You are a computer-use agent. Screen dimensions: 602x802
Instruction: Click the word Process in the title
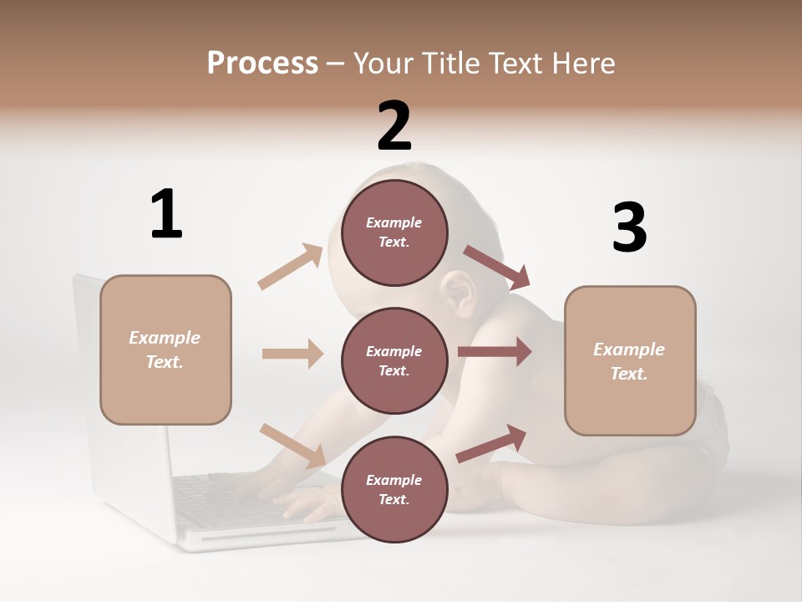(262, 64)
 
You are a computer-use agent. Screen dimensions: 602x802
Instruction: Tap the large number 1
(166, 214)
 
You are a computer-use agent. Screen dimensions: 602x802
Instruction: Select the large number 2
(394, 125)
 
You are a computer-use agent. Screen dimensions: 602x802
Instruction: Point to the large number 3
(629, 227)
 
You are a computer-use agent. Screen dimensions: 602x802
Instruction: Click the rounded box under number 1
(165, 349)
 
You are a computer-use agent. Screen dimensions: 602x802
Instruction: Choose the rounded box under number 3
(630, 361)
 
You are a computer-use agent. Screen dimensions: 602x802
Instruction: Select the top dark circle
(394, 232)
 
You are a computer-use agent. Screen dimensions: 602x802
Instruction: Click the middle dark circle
(394, 360)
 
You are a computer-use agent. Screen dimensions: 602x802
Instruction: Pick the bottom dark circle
(394, 489)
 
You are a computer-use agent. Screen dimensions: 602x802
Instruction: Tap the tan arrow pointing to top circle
(291, 267)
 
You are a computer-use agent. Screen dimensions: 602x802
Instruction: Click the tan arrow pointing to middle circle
(292, 354)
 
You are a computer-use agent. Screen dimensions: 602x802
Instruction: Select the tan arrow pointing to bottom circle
(292, 445)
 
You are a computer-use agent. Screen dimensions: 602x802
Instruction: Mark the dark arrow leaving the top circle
(497, 267)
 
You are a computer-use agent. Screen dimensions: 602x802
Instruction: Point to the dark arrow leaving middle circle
(494, 352)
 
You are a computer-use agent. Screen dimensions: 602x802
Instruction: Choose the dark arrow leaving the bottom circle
(491, 444)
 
